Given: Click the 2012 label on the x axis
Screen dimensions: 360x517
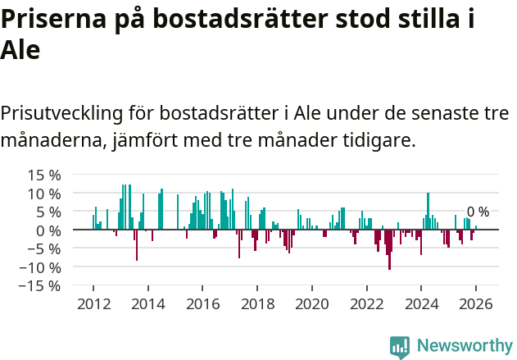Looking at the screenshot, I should coord(93,303).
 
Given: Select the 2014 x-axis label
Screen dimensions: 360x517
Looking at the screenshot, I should coord(147,303).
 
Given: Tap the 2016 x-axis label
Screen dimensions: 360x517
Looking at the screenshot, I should coord(202,303).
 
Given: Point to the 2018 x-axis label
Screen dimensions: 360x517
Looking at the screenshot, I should coord(257,303).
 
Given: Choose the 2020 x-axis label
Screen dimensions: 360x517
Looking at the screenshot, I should coord(311,303).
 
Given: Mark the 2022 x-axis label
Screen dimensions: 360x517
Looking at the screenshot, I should coord(366,303).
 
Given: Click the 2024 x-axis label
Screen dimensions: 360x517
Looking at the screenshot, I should coord(421,303).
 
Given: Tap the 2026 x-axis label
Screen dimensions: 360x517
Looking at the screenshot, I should coord(475,303).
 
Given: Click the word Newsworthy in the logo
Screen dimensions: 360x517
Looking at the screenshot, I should coord(465,346).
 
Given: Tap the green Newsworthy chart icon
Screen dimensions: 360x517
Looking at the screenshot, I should coord(400,347).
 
